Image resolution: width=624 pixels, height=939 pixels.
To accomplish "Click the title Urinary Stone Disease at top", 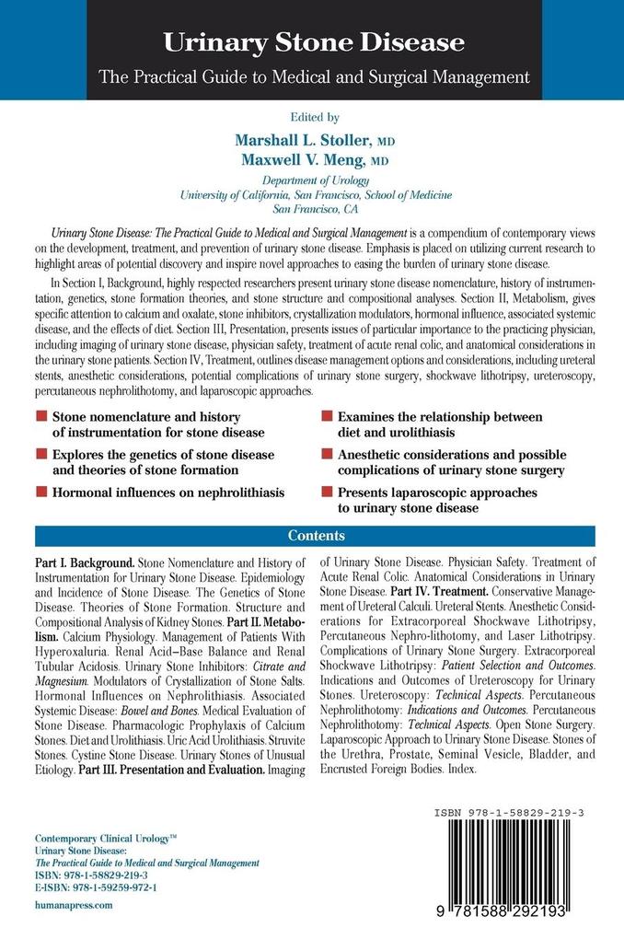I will point(313,42).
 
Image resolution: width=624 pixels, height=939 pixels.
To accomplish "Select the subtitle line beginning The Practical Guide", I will point(313,76).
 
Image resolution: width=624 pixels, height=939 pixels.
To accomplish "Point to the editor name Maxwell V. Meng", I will point(305,159).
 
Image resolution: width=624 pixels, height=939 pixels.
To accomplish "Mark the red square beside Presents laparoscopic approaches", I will point(328,493).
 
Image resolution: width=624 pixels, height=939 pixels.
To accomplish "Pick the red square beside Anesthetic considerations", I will point(328,455).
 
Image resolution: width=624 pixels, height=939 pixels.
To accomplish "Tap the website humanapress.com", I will point(73,905).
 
